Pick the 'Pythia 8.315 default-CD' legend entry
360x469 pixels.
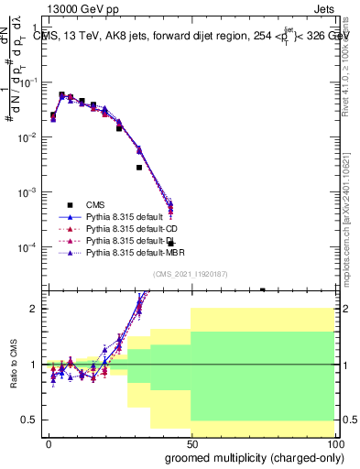(132, 228)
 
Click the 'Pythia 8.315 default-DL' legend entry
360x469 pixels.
(132, 240)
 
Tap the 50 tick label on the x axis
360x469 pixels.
(191, 442)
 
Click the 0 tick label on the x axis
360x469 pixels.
(49, 442)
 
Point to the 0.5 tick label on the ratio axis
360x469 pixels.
(27, 420)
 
